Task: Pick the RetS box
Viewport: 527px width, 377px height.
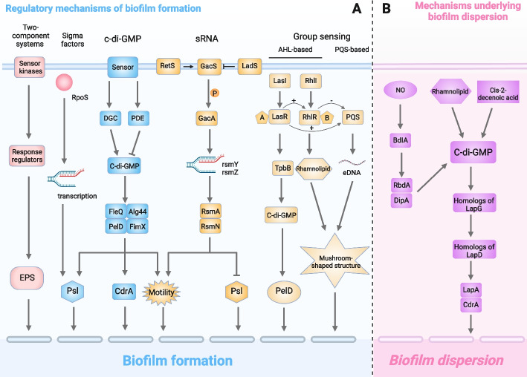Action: pos(166,66)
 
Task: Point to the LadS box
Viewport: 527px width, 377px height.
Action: pos(249,66)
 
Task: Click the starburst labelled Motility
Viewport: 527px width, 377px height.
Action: pos(165,272)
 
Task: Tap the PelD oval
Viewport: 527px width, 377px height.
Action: pos(282,272)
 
